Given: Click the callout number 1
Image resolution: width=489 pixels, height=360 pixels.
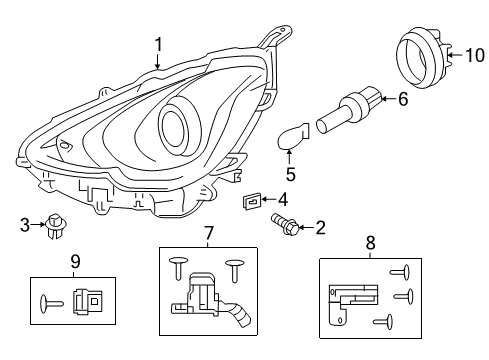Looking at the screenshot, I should pos(158,43).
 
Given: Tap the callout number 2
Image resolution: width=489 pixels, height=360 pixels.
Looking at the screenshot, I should pos(320,227).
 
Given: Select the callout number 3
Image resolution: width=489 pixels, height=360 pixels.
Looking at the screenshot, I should pos(25,226).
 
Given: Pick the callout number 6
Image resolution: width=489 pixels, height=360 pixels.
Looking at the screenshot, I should pos(403,99).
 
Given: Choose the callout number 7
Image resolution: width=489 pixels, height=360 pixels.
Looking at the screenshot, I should pos(209,234).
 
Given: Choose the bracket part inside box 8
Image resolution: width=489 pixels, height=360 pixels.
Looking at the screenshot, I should pos(351,300).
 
